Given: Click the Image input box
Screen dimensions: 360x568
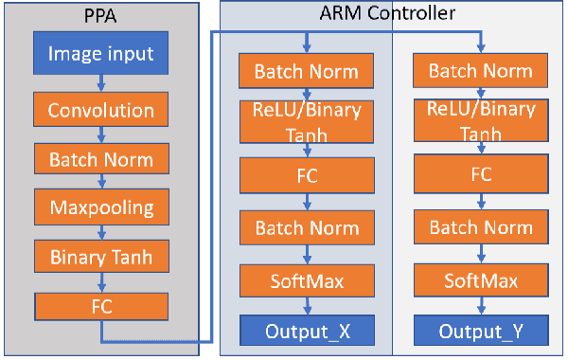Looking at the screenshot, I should point(101,54).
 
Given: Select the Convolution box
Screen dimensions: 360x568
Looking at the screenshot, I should point(101,110).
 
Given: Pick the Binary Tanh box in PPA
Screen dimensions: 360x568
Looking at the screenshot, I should point(101,256).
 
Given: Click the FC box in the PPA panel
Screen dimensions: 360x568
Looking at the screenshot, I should point(101,305).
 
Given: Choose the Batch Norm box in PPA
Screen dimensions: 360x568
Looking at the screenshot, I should point(101,157).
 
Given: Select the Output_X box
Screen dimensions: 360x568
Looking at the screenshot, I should point(307,331).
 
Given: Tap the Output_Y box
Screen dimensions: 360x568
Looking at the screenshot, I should point(481,331).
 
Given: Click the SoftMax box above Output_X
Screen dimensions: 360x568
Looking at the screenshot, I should point(307,280).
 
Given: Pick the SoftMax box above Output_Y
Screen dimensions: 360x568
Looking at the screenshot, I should point(481,280).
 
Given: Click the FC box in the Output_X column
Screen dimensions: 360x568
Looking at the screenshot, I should point(307,174).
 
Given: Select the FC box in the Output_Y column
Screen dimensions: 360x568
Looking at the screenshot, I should point(481,174).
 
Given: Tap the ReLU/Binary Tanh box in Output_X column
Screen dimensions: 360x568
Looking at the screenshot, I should point(307,121).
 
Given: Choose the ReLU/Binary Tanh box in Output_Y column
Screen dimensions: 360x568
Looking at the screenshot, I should point(481,121).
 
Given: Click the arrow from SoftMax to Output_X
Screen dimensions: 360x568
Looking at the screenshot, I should point(307,306).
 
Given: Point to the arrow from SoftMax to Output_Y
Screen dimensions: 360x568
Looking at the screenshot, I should point(481,306).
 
